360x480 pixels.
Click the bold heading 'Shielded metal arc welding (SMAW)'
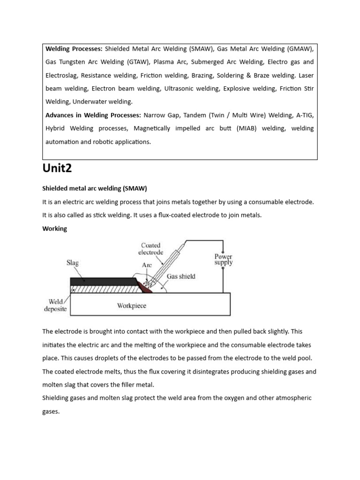(95, 188)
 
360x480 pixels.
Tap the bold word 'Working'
(55, 229)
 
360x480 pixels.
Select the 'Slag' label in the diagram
(72, 263)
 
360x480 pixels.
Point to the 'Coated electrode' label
(150, 248)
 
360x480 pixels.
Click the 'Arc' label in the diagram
(147, 265)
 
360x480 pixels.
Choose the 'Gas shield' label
(181, 276)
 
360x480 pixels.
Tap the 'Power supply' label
(223, 259)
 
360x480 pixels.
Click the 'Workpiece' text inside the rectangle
(131, 306)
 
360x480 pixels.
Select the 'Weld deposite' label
(55, 305)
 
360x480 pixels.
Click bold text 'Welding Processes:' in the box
(74, 49)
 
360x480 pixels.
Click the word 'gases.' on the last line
(52, 411)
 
